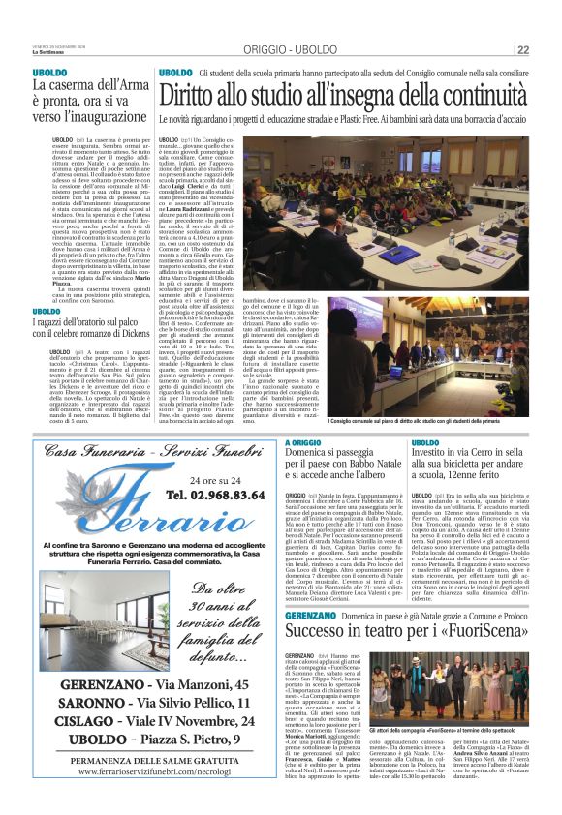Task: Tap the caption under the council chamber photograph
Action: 430,423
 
